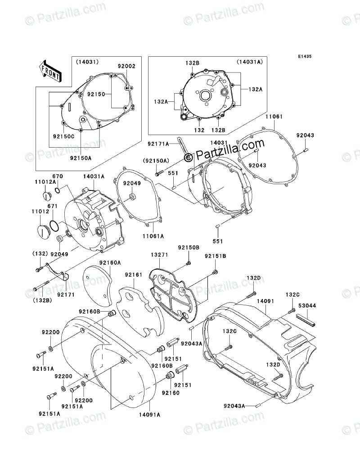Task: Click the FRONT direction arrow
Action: pyautogui.click(x=51, y=70)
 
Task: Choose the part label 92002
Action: pyautogui.click(x=126, y=66)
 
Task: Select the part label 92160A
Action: pyautogui.click(x=110, y=262)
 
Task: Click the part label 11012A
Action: pyautogui.click(x=47, y=182)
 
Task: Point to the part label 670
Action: pyautogui.click(x=57, y=176)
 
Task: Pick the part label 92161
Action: pyautogui.click(x=133, y=274)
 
